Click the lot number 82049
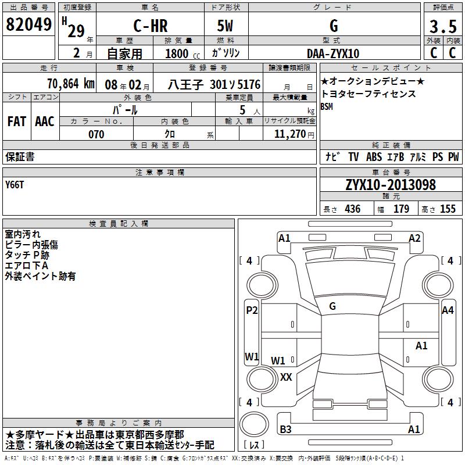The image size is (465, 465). [28, 24]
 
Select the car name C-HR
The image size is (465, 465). [151, 26]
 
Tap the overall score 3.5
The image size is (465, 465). [443, 26]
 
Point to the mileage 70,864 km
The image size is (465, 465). [71, 84]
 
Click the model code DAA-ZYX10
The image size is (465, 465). [333, 53]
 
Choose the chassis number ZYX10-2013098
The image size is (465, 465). [391, 185]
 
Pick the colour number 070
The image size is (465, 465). [96, 134]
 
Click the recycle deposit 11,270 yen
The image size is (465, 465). [294, 134]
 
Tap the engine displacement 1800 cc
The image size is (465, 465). [183, 53]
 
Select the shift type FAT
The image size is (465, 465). [17, 121]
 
